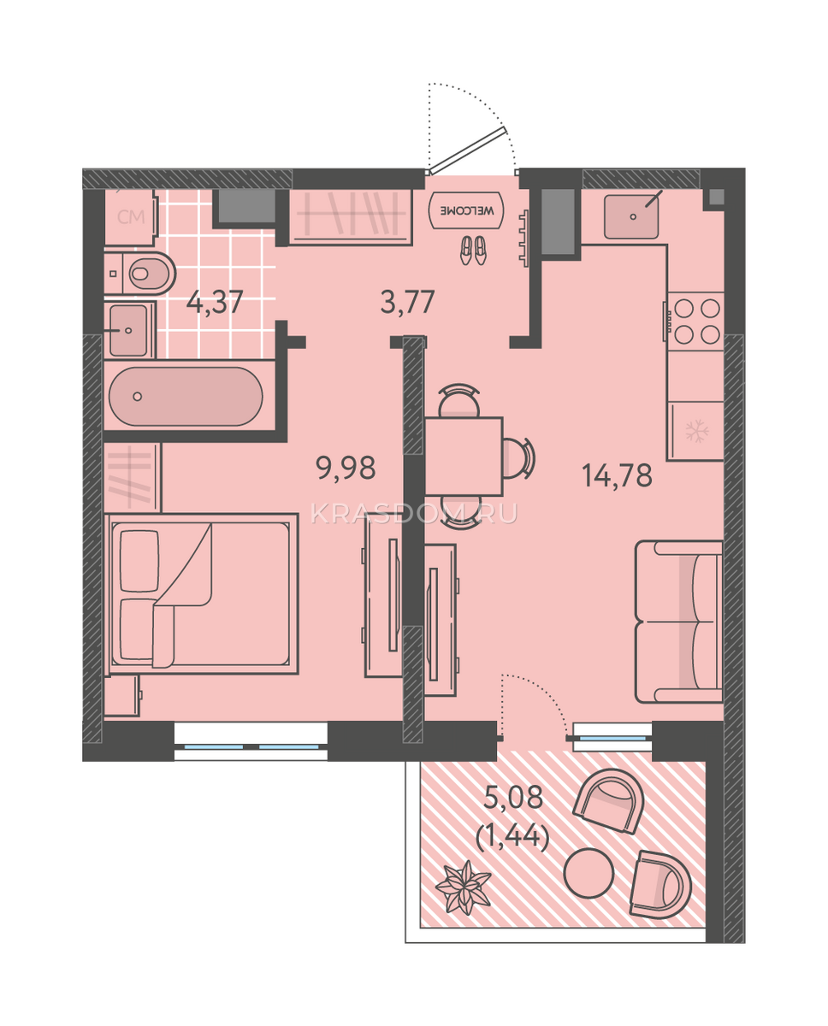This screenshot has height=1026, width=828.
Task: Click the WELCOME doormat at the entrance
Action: [x=466, y=210]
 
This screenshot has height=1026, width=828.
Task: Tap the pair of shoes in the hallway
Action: [x=473, y=251]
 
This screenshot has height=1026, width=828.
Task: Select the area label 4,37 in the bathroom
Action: [x=215, y=302]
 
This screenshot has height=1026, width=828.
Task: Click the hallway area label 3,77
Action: [x=408, y=302]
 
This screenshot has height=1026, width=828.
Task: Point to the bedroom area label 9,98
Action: [x=346, y=468]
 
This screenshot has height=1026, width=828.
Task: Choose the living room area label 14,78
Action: [x=618, y=475]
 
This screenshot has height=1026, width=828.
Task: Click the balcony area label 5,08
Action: [x=513, y=797]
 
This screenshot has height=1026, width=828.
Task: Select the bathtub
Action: [x=186, y=396]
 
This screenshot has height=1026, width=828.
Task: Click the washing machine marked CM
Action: [x=131, y=217]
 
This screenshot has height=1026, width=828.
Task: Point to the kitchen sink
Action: [x=631, y=216]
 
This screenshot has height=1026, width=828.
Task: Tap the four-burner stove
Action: [x=696, y=321]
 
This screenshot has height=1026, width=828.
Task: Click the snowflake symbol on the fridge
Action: [x=697, y=431]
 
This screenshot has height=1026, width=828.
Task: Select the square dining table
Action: [x=464, y=457]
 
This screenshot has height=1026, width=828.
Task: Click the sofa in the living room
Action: [x=679, y=622]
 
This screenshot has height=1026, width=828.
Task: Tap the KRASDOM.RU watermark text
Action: [x=414, y=514]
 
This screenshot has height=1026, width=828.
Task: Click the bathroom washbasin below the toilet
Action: [x=130, y=330]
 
